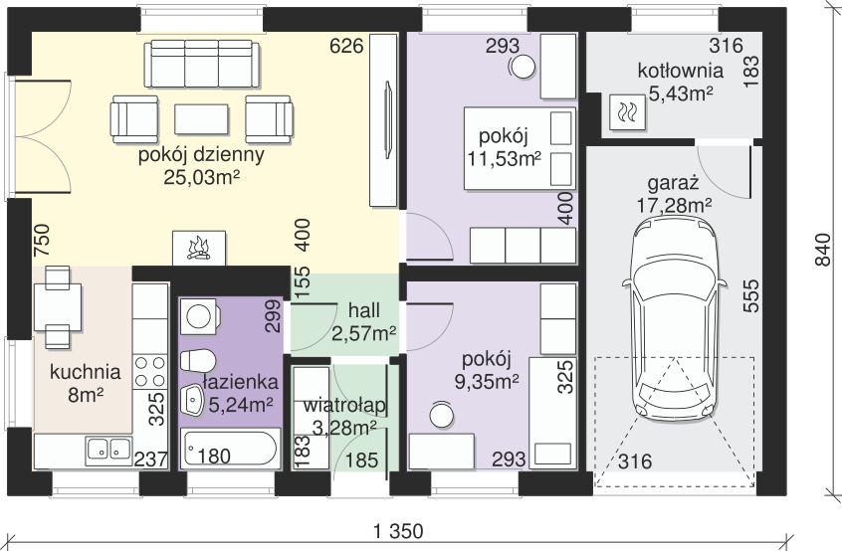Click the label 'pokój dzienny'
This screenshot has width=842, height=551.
point(201,155)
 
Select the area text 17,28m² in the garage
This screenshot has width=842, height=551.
point(674,205)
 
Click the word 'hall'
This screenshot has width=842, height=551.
point(363,310)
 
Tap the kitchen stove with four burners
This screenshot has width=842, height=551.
point(149,371)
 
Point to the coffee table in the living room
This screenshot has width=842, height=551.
point(202,119)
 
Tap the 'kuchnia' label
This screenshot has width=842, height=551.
point(85,373)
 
